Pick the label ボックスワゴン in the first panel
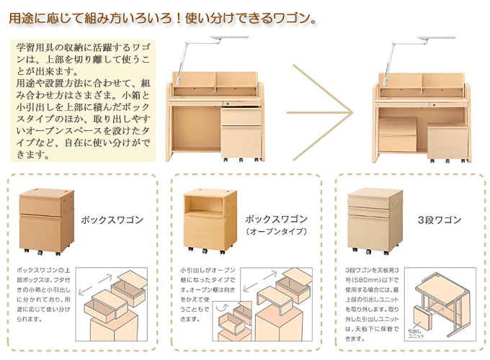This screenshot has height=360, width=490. (x=112, y=220)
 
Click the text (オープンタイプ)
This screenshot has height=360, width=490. (x=277, y=232)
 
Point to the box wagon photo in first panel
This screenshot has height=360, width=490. (x=45, y=220)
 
